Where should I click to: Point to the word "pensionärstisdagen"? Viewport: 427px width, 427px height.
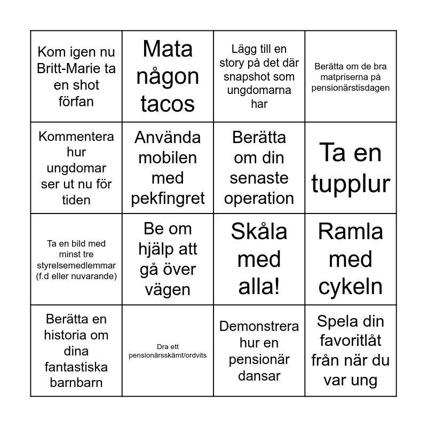tap(351, 88)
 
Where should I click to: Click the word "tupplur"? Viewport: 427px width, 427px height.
tap(351, 184)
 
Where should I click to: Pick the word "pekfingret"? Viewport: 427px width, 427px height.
tap(168, 199)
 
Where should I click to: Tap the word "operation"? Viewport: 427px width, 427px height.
tap(259, 199)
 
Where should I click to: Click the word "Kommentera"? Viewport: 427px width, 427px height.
tap(76, 136)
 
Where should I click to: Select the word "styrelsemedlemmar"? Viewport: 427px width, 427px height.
tap(76, 265)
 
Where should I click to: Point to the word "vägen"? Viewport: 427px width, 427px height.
tap(168, 290)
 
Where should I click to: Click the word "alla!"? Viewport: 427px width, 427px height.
tap(259, 287)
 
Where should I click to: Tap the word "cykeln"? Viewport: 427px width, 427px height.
tap(351, 287)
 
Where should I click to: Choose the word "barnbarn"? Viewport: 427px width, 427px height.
tap(76, 383)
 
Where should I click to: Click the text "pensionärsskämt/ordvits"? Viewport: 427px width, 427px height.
tap(168, 355)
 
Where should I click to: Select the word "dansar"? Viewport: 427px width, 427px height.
tap(259, 376)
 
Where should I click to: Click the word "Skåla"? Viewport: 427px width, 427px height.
tap(259, 232)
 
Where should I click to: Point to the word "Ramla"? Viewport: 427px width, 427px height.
tap(351, 232)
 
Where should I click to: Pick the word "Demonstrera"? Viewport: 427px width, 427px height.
tap(259, 326)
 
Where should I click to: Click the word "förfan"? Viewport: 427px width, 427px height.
tap(76, 101)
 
